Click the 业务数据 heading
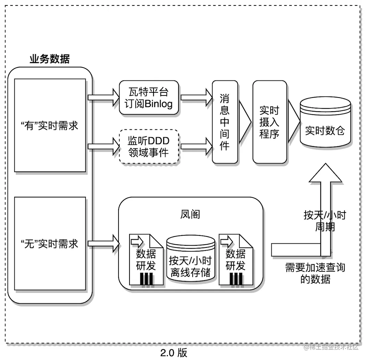pyautogui.click(x=50, y=59)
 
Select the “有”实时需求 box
pyautogui.click(x=50, y=126)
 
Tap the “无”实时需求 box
pyautogui.click(x=50, y=244)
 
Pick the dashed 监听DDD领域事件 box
pyautogui.click(x=149, y=146)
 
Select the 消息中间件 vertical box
pyautogui.click(x=225, y=122)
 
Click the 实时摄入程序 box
pyautogui.click(x=269, y=122)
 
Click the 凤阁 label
pyautogui.click(x=190, y=215)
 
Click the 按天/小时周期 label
pyautogui.click(x=325, y=221)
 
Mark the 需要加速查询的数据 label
pyautogui.click(x=315, y=273)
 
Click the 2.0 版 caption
pyautogui.click(x=174, y=352)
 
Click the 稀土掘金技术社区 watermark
pyautogui.click(x=331, y=347)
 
